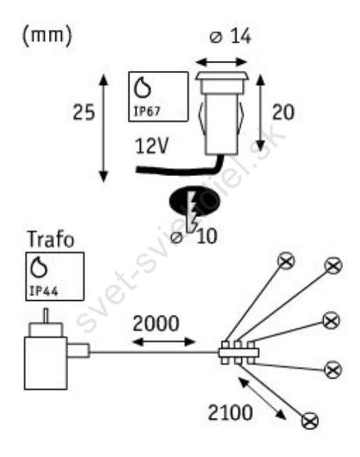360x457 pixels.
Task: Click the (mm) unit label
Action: pyautogui.click(x=47, y=36)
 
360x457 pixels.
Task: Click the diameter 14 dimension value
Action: pyautogui.click(x=231, y=37)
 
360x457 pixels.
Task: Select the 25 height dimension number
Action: pyautogui.click(x=84, y=112)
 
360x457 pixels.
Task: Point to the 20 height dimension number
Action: pyautogui.click(x=283, y=112)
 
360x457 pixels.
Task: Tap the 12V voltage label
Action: pyautogui.click(x=152, y=145)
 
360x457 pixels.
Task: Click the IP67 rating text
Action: pyautogui.click(x=147, y=111)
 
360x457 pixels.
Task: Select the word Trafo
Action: pyautogui.click(x=50, y=240)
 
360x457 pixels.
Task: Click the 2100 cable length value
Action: pyautogui.click(x=230, y=412)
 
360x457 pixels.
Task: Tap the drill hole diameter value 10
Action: pyautogui.click(x=207, y=236)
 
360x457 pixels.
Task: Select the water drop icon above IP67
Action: pyautogui.click(x=142, y=88)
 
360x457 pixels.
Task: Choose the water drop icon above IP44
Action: pyautogui.click(x=39, y=268)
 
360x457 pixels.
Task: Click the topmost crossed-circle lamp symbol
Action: pyautogui.click(x=286, y=260)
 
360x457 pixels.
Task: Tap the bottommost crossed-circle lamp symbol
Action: pyautogui.click(x=310, y=421)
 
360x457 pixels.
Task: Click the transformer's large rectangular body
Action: pyautogui.click(x=46, y=363)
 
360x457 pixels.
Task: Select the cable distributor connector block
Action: pyautogui.click(x=239, y=353)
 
